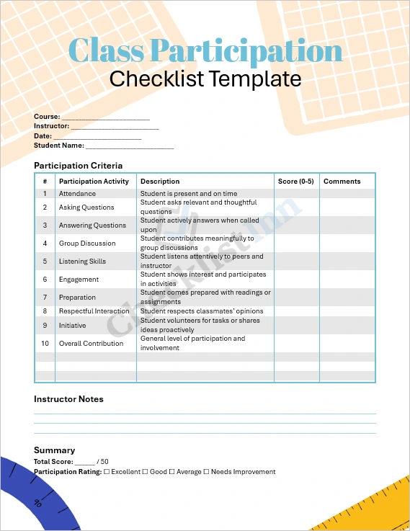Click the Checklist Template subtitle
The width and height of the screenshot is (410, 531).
point(205,78)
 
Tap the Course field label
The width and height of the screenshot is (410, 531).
point(47,117)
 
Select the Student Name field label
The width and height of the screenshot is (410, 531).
point(59,146)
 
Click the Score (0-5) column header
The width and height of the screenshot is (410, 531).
point(296,182)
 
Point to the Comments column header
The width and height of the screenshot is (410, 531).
point(342,182)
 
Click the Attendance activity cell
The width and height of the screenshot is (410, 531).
point(77,194)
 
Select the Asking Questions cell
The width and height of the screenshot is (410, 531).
point(86,208)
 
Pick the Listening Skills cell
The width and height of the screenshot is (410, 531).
point(82,262)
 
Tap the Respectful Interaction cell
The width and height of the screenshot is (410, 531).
point(94,311)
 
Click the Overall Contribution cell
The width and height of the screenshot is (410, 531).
point(91,344)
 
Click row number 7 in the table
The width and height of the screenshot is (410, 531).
point(45,298)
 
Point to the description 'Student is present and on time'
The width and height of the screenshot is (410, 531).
point(189,194)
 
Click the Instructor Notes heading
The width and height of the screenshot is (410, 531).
point(68,399)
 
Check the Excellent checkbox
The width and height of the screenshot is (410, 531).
point(107,472)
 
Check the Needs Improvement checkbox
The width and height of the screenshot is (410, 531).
point(206,472)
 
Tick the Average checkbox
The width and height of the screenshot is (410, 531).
point(171,472)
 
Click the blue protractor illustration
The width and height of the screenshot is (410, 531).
point(36,497)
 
